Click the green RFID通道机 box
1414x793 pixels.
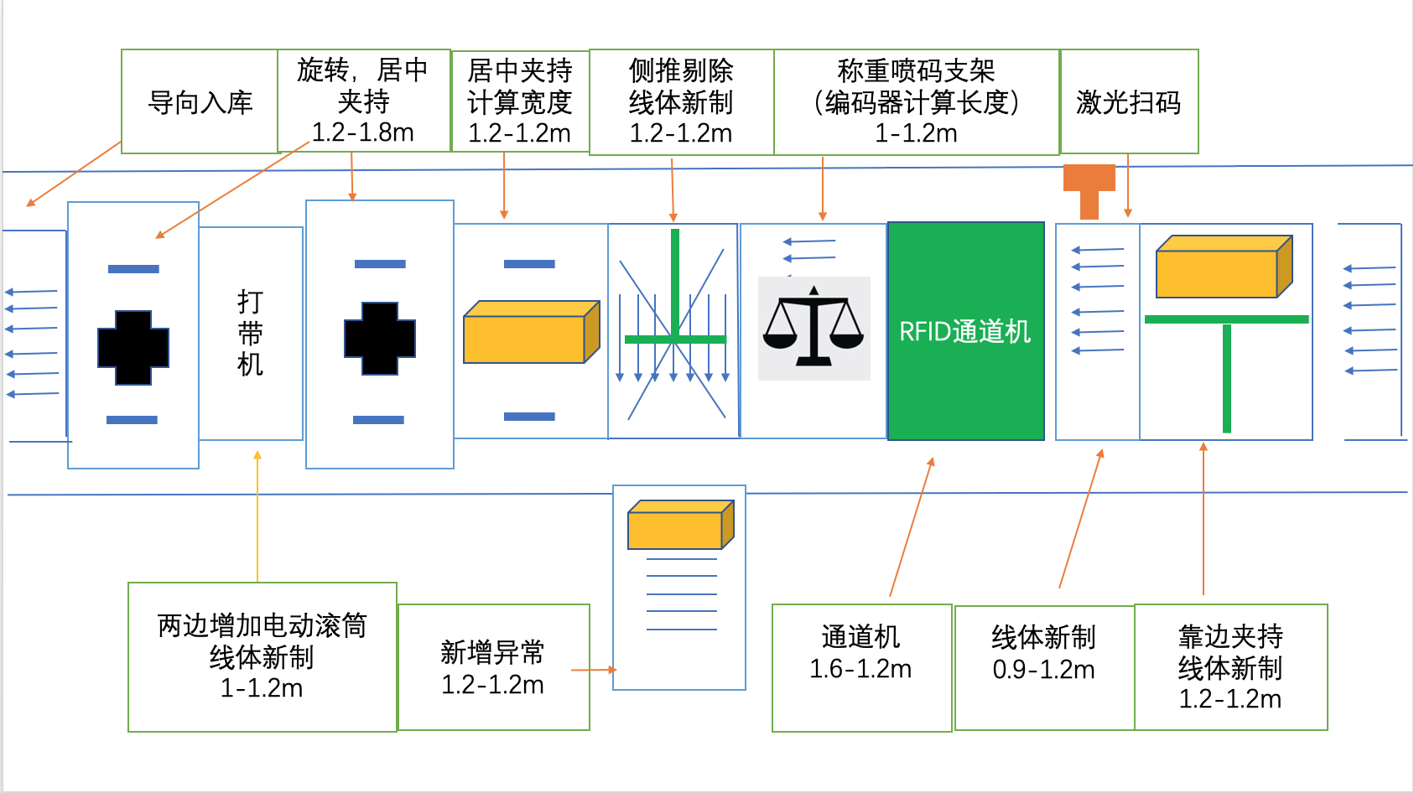coord(965,331)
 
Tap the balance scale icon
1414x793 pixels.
coord(813,328)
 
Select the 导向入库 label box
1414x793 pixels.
coord(200,101)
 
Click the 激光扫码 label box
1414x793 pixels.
coord(1129,101)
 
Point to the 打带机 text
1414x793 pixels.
coord(250,333)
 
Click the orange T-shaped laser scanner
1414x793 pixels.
coord(1089,189)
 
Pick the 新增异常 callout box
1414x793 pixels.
coord(493,667)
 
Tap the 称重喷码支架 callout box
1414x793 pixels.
coord(916,101)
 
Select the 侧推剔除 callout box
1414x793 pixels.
coord(681,101)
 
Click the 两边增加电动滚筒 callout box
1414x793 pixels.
coord(262,656)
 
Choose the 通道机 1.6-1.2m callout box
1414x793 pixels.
coord(861,667)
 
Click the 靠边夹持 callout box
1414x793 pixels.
coord(1230,666)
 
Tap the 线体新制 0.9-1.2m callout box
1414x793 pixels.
coord(1044,667)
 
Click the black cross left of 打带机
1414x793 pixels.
coord(133,348)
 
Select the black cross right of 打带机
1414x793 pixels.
coord(380,339)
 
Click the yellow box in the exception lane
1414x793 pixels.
coord(680,525)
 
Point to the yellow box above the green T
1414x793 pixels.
coord(1223,267)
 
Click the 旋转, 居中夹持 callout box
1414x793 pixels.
coord(363,101)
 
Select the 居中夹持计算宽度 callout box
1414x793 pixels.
coord(520,101)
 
